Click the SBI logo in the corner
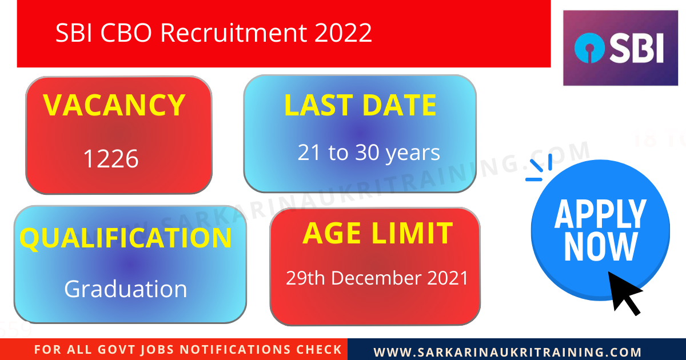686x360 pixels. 620,48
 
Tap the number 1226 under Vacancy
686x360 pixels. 111,159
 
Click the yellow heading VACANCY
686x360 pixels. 114,105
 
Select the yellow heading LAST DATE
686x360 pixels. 360,106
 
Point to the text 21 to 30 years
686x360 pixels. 369,153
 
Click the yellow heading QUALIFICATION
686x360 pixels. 126,238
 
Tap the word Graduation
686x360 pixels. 126,289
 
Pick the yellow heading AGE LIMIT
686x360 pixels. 377,233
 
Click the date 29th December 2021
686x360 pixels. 377,278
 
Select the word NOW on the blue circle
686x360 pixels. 600,247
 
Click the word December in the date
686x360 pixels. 376,278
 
